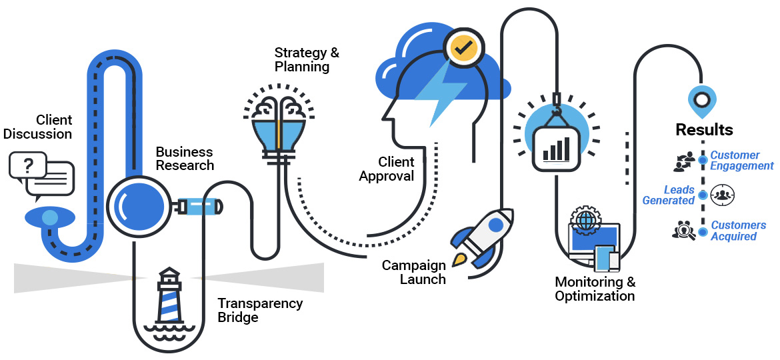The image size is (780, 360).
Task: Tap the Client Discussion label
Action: [38, 127]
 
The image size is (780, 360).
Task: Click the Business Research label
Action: [185, 159]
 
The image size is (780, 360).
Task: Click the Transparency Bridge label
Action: [260, 311]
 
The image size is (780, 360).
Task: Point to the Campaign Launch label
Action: [414, 273]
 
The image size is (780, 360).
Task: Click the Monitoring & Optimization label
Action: [595, 289]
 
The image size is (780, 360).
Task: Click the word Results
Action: [704, 129]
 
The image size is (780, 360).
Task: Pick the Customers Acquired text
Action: [738, 231]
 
